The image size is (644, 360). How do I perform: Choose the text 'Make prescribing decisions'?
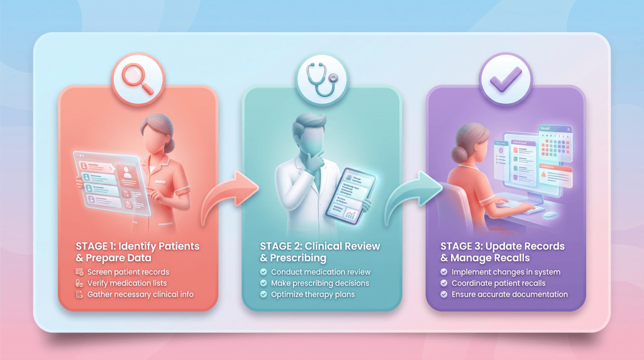[x=320, y=283]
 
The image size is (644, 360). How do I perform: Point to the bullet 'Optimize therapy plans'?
[x=312, y=295]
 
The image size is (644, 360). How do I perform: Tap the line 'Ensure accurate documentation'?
[x=509, y=295]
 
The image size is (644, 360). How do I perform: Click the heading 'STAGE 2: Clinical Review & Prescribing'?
[x=320, y=251]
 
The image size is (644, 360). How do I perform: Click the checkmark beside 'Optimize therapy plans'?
[x=264, y=295]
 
